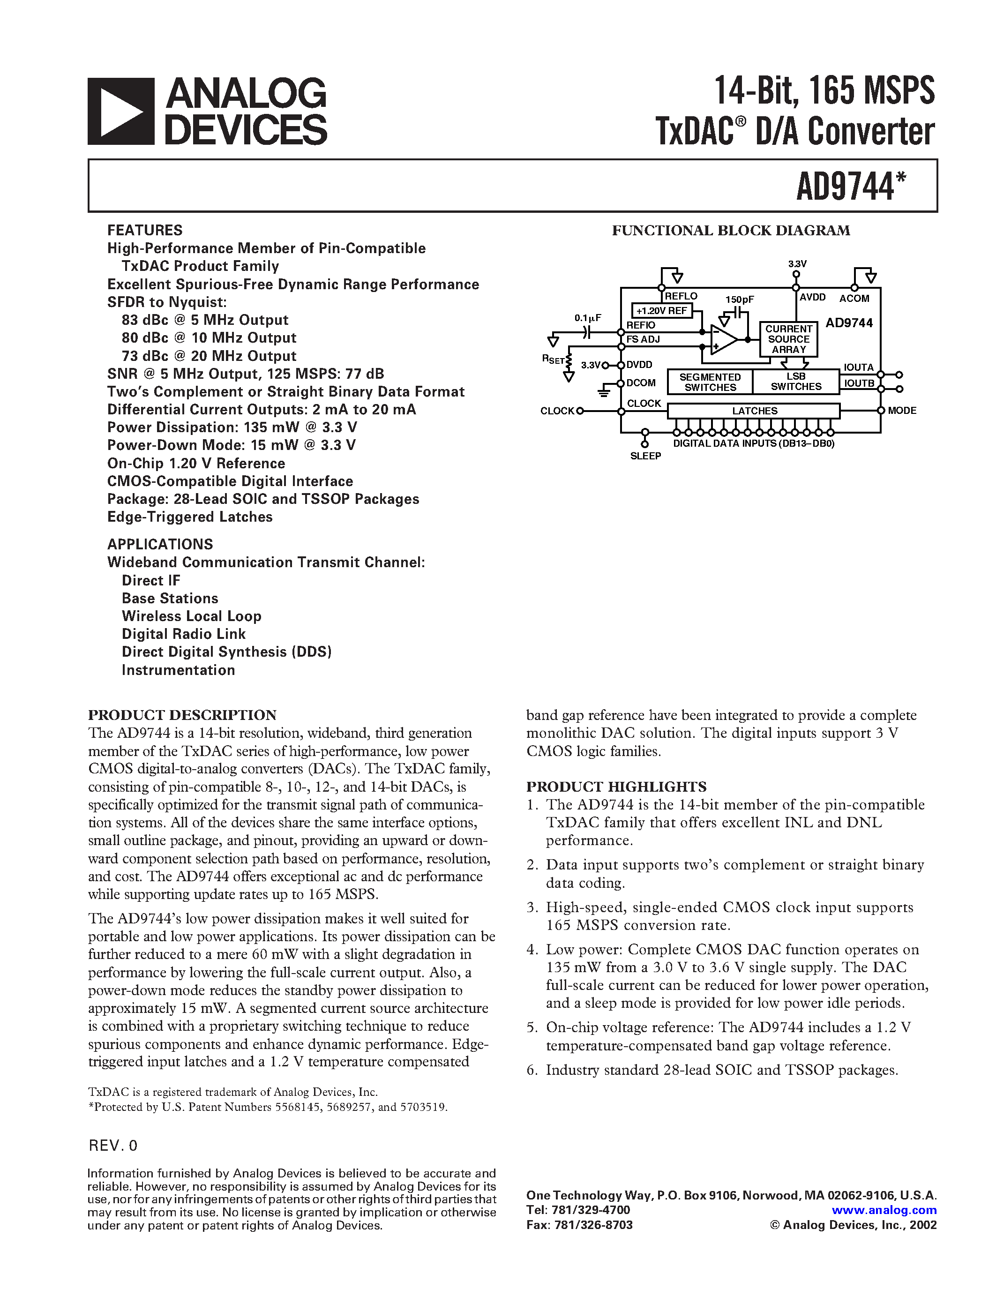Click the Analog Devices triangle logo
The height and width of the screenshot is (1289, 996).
point(121,112)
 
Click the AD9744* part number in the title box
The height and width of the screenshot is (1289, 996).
point(850,187)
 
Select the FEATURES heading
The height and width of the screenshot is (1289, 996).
point(144,230)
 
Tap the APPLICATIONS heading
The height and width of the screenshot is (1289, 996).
point(160,544)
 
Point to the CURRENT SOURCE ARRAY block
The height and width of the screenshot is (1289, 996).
point(788,339)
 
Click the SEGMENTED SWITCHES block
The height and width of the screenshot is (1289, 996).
point(710,382)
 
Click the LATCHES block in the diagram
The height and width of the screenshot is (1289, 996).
point(754,411)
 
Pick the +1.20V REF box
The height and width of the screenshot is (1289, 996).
point(661,310)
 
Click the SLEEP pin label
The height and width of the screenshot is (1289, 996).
point(645,456)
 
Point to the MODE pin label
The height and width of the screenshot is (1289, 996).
point(902,411)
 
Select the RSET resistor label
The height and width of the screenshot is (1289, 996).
point(553,359)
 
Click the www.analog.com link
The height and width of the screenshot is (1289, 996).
point(884,1210)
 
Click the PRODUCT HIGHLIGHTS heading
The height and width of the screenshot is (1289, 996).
point(616,787)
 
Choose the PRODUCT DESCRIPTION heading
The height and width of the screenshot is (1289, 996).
point(182,715)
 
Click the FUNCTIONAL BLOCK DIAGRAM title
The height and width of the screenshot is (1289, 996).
point(731,231)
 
